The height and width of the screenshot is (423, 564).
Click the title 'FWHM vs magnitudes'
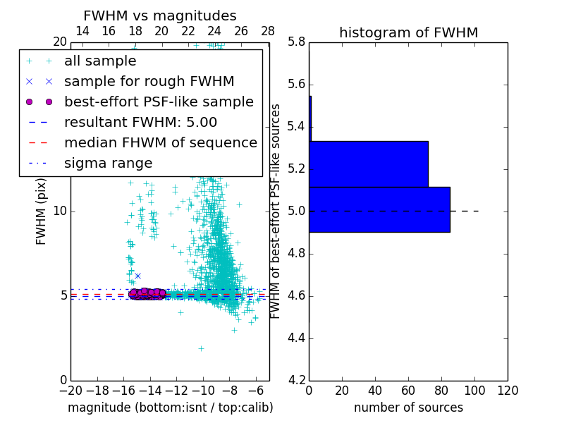point(160,16)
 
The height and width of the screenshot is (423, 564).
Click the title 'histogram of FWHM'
point(408,32)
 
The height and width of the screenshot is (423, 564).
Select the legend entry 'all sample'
point(100,61)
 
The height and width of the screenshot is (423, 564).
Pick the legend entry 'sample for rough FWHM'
point(149,82)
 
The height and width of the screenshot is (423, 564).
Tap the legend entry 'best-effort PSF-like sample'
point(159,102)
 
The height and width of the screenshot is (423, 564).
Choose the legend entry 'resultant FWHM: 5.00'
point(140,123)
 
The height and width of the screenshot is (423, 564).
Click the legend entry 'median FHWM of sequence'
point(160,143)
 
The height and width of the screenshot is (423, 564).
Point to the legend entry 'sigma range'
point(108,164)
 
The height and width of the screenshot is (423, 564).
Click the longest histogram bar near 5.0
point(379,209)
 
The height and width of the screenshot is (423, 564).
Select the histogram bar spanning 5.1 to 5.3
point(369,164)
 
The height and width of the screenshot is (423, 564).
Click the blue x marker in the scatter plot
point(137,276)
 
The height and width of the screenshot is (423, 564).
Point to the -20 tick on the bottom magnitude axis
point(70,390)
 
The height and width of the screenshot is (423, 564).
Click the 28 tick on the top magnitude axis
point(268,31)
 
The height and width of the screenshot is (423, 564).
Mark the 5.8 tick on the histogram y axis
point(297,42)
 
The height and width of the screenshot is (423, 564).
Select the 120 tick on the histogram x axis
point(508,391)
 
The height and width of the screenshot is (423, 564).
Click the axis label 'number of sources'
point(408,408)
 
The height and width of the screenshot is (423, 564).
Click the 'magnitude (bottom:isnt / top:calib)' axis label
point(170,408)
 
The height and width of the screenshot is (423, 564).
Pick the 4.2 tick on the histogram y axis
point(297,380)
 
